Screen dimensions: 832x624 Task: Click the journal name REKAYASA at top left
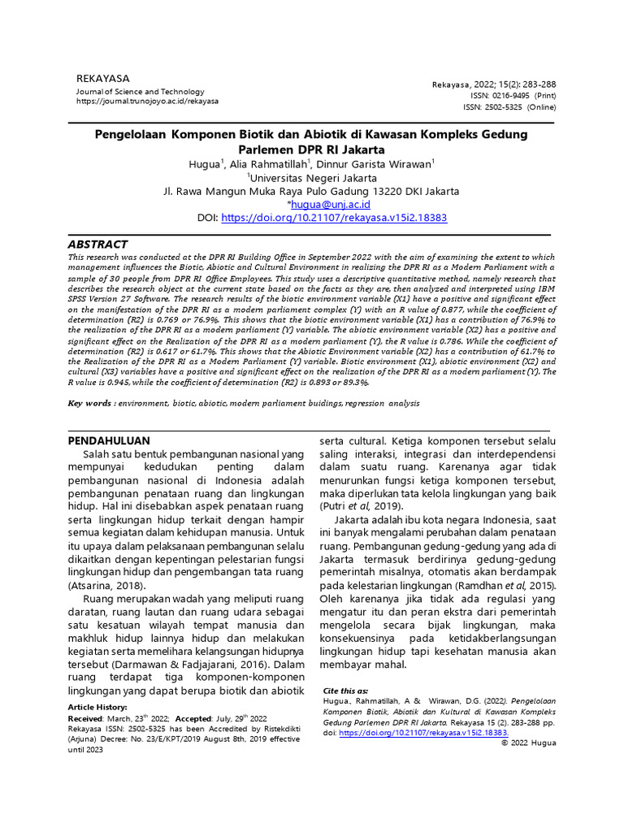(102, 78)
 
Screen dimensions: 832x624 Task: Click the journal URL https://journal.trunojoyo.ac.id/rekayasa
(147, 102)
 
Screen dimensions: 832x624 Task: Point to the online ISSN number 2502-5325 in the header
(492, 106)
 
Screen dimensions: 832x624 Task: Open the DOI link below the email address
(334, 218)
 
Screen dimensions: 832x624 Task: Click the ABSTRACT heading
(97, 244)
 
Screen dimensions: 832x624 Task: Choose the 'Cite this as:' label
(345, 690)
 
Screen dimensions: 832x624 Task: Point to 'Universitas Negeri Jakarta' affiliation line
(313, 178)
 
